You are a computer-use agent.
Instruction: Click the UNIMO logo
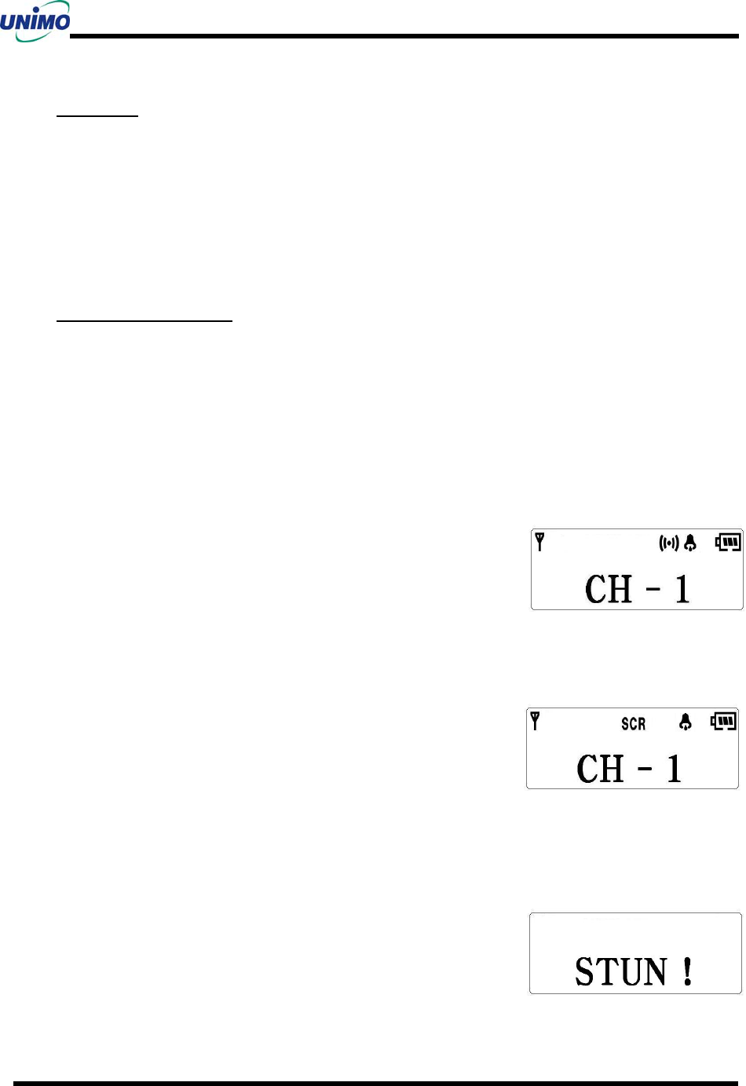[x=35, y=20]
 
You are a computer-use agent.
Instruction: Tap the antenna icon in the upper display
[x=539, y=541]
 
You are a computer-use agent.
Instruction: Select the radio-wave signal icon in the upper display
[x=668, y=543]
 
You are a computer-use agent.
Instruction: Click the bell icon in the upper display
[x=690, y=543]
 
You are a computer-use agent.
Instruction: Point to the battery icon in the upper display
[x=728, y=542]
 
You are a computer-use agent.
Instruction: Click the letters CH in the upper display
[x=609, y=590]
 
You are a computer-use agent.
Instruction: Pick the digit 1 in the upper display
[x=682, y=590]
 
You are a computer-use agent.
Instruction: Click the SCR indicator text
[x=633, y=723]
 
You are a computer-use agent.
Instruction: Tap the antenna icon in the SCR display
[x=535, y=721]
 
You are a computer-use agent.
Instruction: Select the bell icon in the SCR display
[x=686, y=722]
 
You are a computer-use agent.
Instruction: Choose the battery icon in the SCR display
[x=723, y=721]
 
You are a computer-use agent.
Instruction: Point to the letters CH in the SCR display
[x=601, y=769]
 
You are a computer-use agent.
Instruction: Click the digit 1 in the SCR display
[x=674, y=769]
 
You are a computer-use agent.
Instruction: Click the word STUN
[x=621, y=972]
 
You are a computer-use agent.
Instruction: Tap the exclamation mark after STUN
[x=688, y=972]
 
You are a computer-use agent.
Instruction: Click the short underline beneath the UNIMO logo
[x=97, y=115]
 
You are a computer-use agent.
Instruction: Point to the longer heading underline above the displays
[x=144, y=320]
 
